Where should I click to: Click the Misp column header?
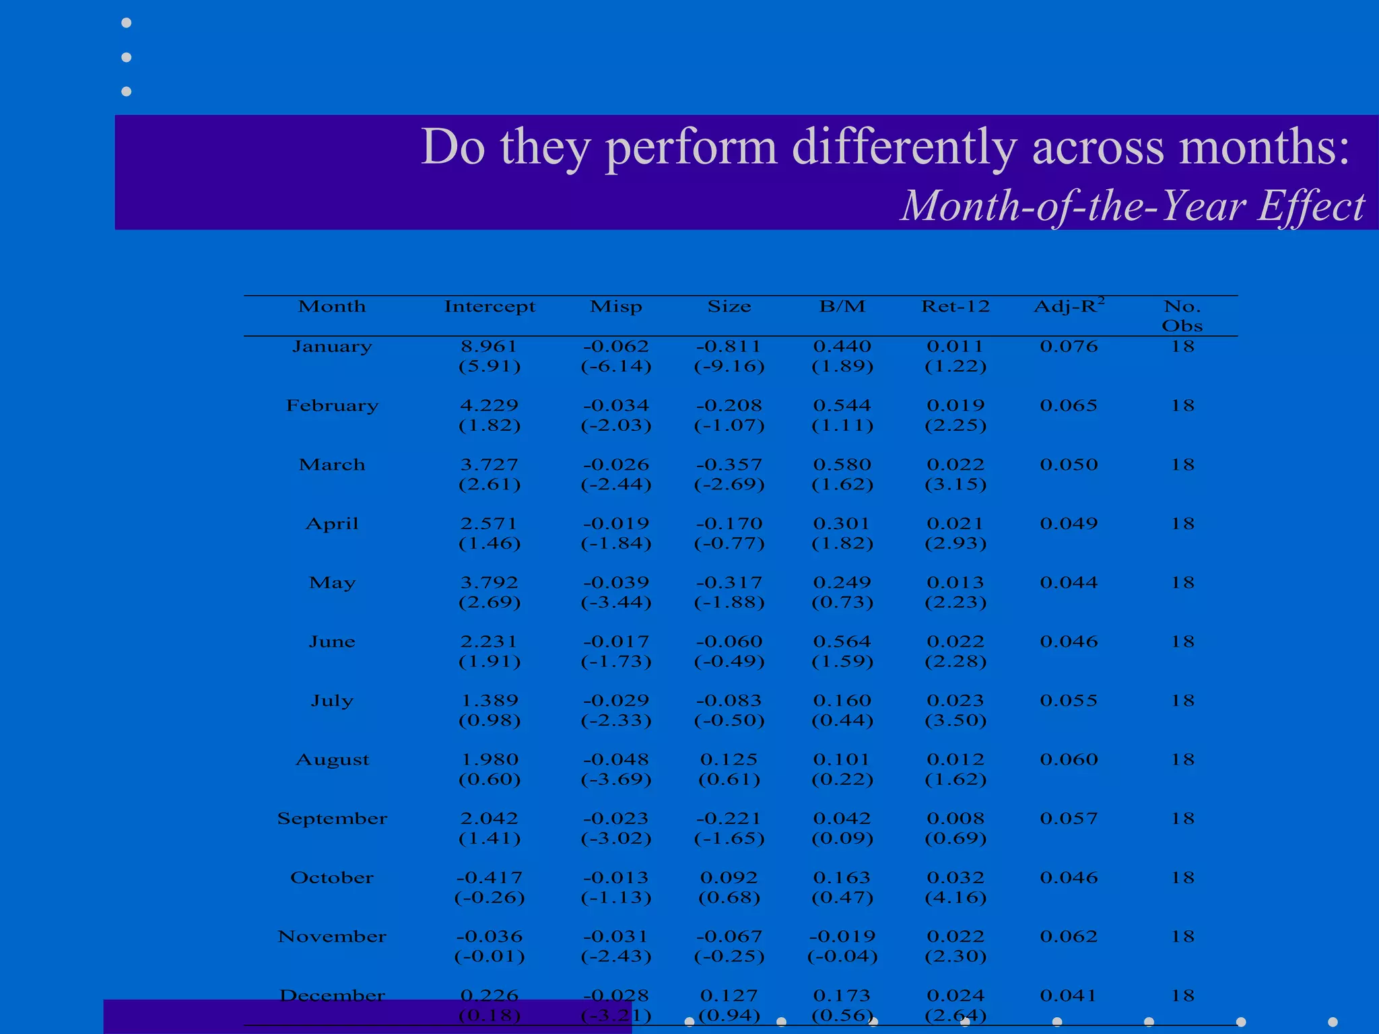point(616,307)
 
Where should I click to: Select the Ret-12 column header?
point(955,307)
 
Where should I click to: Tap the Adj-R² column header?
point(1069,306)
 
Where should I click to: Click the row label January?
point(332,347)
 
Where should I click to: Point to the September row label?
point(332,819)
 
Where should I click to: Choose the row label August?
point(332,760)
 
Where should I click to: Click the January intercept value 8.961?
point(490,347)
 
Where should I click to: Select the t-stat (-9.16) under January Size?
point(729,367)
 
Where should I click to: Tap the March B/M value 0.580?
point(842,465)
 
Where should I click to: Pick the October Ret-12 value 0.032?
point(955,878)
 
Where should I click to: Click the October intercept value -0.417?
point(490,878)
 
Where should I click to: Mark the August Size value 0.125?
point(729,760)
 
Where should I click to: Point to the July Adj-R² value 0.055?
point(1069,701)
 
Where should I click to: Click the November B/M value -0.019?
point(842,937)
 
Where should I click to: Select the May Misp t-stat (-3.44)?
point(616,602)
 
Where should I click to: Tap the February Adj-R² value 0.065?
point(1069,406)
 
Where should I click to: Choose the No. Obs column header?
point(1182,316)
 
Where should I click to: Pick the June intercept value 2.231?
point(490,642)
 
